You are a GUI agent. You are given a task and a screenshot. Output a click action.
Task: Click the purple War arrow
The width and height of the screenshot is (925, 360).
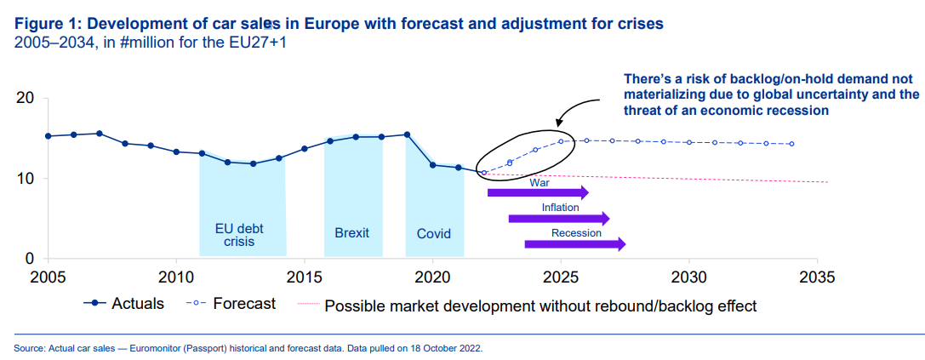coord(537,192)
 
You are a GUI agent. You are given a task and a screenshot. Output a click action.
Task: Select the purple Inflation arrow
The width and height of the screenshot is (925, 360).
coord(558,219)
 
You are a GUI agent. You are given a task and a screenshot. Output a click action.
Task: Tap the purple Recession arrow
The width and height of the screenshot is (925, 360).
coord(574,244)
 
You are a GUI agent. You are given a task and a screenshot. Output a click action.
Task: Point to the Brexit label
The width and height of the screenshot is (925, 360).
coord(351,233)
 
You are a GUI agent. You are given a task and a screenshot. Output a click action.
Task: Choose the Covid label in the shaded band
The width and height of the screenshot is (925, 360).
coord(434,233)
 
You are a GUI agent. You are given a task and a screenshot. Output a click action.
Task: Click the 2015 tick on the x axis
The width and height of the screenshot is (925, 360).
coord(304,277)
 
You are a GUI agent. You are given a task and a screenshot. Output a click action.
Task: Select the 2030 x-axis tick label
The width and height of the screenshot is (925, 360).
coord(688,277)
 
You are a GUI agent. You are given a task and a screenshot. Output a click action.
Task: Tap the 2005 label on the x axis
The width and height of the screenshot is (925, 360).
coord(48,277)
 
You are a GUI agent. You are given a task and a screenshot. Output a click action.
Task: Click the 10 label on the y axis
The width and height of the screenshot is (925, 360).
coord(26,179)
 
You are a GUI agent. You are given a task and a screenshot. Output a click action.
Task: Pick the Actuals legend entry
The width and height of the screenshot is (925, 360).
coord(123,304)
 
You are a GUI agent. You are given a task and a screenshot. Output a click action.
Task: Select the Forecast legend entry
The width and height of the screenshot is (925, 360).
coord(230,304)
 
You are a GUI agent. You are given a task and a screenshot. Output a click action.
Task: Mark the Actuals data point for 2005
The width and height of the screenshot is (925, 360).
coord(48,136)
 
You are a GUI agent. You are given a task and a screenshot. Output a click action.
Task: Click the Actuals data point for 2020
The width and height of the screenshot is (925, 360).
coord(432,164)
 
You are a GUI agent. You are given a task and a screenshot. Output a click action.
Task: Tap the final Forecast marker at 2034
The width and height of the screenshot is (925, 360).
coord(791,144)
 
